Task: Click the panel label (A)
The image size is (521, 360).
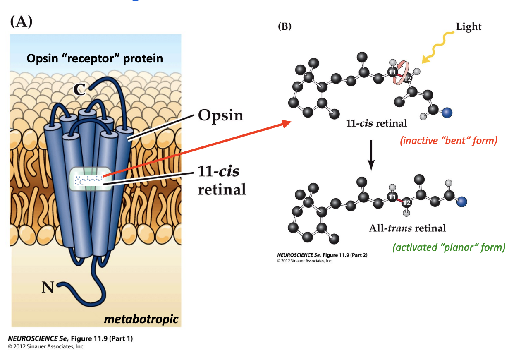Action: tap(21, 22)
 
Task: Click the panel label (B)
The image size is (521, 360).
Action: tap(285, 27)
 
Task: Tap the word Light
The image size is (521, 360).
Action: tap(468, 27)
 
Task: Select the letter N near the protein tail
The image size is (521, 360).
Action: tap(48, 287)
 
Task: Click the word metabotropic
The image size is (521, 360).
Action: tap(141, 319)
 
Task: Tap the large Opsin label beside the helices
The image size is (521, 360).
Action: tap(220, 115)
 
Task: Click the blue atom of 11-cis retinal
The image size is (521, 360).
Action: tap(447, 112)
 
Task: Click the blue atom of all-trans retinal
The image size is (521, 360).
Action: tap(463, 201)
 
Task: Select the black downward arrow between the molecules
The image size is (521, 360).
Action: tap(371, 155)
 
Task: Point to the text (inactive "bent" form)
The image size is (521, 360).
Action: tap(448, 141)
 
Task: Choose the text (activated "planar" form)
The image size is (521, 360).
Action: tap(449, 247)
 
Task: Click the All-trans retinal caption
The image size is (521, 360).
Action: tap(407, 228)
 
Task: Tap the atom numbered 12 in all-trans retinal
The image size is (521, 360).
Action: tap(406, 202)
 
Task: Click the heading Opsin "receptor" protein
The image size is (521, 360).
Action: tap(95, 58)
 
